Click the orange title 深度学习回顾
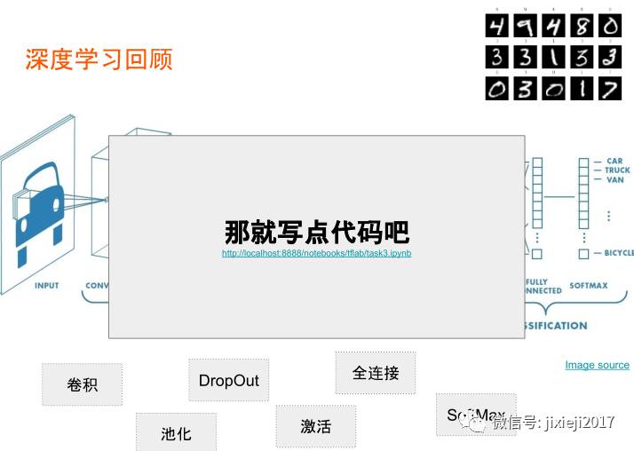pos(99,59)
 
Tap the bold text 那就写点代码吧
pos(316,233)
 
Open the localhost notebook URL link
pos(316,253)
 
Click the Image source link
pos(597,365)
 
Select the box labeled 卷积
pos(82,384)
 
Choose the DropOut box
pos(228,380)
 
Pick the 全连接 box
pos(375,373)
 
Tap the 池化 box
pos(176,433)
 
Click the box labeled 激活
pos(315,426)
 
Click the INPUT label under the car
pos(46,286)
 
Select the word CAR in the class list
pos(614,162)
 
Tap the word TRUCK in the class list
pos(617,170)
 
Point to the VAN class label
pos(614,180)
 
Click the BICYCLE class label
pos(619,253)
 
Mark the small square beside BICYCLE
pos(583,254)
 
